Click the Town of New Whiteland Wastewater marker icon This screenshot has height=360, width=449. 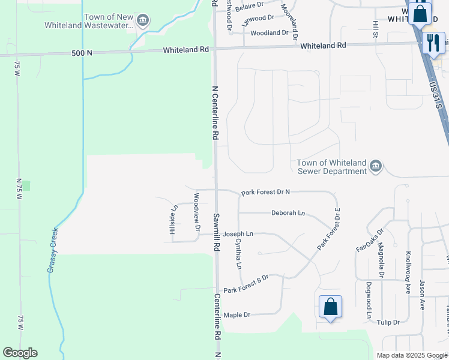point(143,21)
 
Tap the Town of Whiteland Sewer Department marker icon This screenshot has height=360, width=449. point(376,166)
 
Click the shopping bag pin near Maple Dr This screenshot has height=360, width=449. point(330,307)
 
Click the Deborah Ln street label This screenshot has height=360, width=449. point(288,213)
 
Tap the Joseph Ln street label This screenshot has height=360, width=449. point(238,234)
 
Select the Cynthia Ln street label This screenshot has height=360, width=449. point(238,253)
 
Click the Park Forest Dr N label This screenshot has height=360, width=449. point(265,193)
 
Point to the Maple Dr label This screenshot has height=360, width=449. point(237,315)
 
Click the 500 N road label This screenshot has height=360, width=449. point(82,53)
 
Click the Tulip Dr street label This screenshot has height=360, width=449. point(388,323)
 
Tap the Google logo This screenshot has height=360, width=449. point(20,353)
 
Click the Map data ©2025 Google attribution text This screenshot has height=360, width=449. point(412,355)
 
